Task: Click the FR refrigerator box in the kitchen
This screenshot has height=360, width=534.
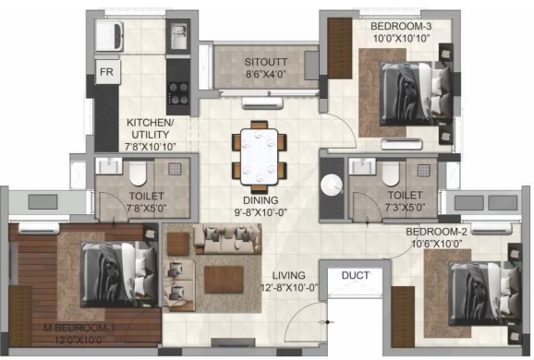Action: pyautogui.click(x=107, y=72)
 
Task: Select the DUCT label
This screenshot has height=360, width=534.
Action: pyautogui.click(x=355, y=275)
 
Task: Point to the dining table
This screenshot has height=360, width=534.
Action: pyautogui.click(x=260, y=156)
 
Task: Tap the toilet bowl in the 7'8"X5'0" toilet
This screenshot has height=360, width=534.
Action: pyautogui.click(x=138, y=174)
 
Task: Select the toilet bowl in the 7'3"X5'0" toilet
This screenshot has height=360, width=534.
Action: pyautogui.click(x=391, y=174)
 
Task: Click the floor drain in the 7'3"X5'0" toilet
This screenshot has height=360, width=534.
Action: pyautogui.click(x=424, y=170)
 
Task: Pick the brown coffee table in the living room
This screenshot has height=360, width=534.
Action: pyautogui.click(x=224, y=280)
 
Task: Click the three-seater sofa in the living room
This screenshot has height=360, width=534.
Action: pyautogui.click(x=227, y=238)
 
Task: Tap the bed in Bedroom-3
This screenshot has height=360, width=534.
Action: pyautogui.click(x=416, y=93)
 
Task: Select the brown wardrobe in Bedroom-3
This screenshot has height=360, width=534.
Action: pyautogui.click(x=340, y=48)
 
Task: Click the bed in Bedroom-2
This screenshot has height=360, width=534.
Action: pyautogui.click(x=485, y=294)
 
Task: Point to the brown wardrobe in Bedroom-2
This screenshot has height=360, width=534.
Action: pyautogui.click(x=403, y=317)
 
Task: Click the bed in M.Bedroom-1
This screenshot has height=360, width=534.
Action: pyautogui.click(x=118, y=274)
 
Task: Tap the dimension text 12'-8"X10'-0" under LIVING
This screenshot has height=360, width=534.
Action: pyautogui.click(x=289, y=287)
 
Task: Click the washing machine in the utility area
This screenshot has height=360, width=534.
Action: pyautogui.click(x=109, y=36)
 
